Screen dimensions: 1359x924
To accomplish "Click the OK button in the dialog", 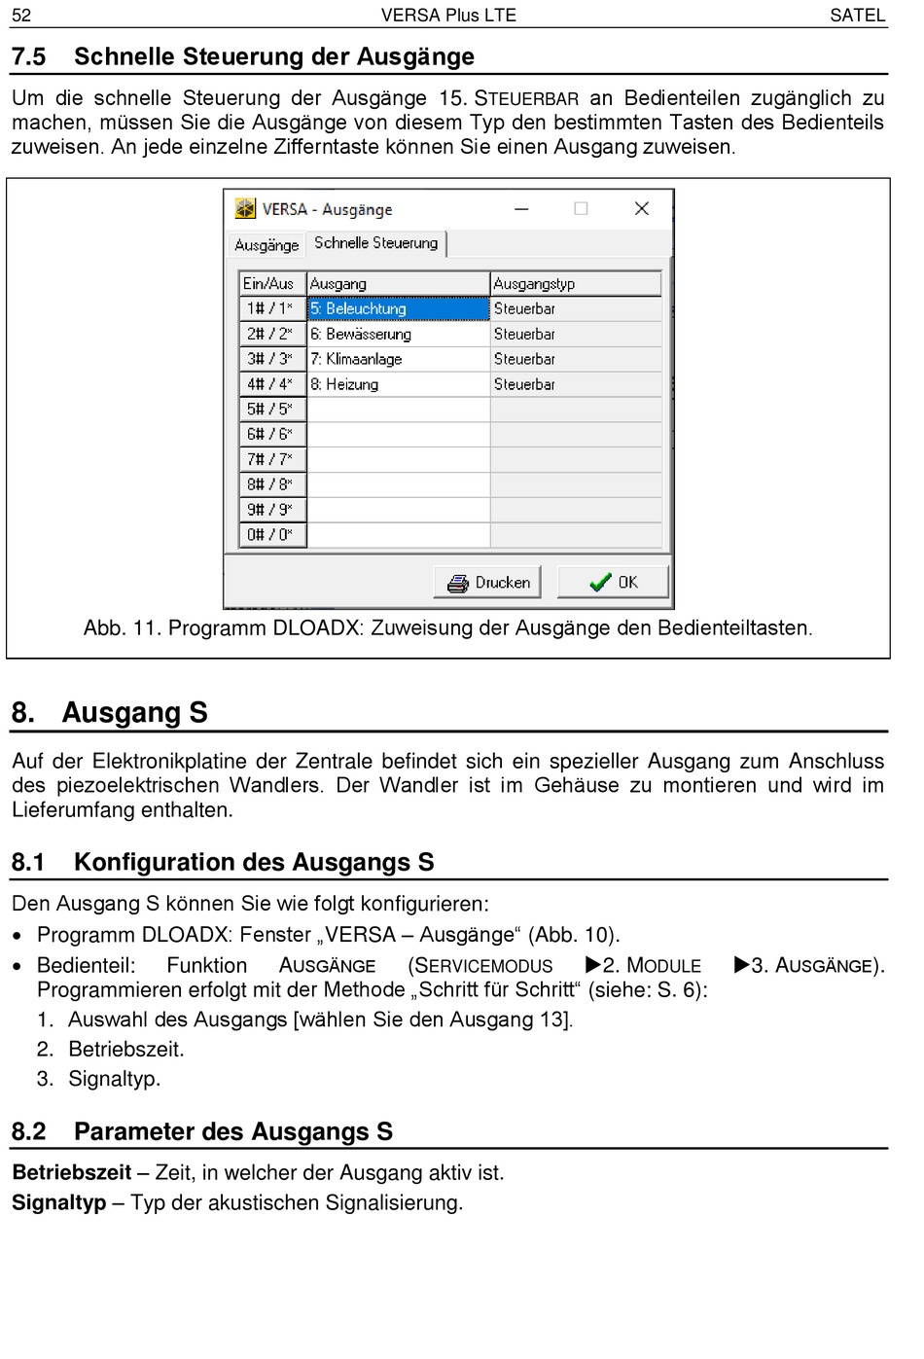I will coord(613,583).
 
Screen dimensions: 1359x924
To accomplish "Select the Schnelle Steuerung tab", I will coord(375,243).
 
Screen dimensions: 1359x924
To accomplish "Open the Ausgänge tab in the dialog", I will coord(267,245).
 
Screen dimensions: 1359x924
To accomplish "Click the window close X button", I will coord(642,208).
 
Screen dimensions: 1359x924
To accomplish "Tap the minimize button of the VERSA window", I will coord(522,208).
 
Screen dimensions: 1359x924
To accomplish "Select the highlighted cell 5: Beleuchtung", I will coord(398,308).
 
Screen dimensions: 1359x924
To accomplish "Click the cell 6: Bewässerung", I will coord(398,334).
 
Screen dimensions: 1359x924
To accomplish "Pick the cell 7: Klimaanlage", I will coord(398,359).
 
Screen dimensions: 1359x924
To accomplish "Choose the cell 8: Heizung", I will coord(398,384).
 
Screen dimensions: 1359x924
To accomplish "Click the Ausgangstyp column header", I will coord(575,284).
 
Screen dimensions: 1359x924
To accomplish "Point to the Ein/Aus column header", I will coord(272,284).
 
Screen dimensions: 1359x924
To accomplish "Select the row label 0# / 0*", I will coord(272,534).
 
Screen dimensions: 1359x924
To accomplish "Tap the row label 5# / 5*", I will coord(272,410).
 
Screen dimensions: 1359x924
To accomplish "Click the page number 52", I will coord(21,16).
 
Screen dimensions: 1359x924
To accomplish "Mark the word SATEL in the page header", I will coord(857,16).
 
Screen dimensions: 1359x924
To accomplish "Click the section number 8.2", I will coord(29,1131).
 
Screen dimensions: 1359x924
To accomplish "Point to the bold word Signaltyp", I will coord(58,1202).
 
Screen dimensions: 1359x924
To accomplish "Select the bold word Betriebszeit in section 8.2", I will coord(71,1172).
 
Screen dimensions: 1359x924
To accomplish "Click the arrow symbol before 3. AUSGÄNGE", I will coord(741,965).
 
